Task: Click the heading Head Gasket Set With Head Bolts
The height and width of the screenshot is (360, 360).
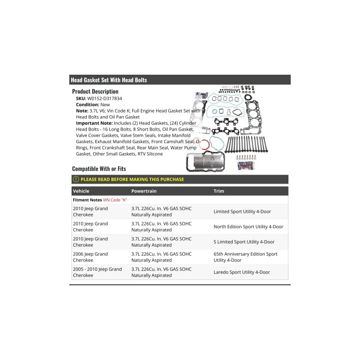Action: pos(108,80)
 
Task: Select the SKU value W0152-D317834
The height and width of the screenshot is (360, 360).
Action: pos(105,98)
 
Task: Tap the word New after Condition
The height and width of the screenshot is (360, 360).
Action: pos(106,104)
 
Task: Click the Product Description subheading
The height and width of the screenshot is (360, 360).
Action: pos(95,91)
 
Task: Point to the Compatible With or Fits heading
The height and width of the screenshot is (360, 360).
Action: pos(99,169)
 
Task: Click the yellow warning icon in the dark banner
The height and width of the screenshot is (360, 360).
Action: pos(76,179)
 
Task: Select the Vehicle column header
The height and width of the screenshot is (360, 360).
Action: pos(81,191)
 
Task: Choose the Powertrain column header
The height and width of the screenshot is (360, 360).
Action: pos(144,191)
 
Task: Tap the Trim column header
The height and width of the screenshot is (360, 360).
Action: pos(219,191)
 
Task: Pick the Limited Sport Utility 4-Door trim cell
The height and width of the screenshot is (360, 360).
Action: pos(242,211)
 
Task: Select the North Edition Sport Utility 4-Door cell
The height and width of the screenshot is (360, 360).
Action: pos(248,227)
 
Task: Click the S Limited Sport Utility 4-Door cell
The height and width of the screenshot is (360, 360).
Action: pos(244,242)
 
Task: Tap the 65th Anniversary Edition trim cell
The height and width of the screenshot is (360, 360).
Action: pos(245,257)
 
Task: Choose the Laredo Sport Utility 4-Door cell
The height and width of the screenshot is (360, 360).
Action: pos(242,272)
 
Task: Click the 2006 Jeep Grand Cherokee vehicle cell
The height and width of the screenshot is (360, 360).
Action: pos(90,257)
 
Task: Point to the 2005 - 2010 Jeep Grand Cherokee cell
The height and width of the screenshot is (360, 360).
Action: pos(97,272)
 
